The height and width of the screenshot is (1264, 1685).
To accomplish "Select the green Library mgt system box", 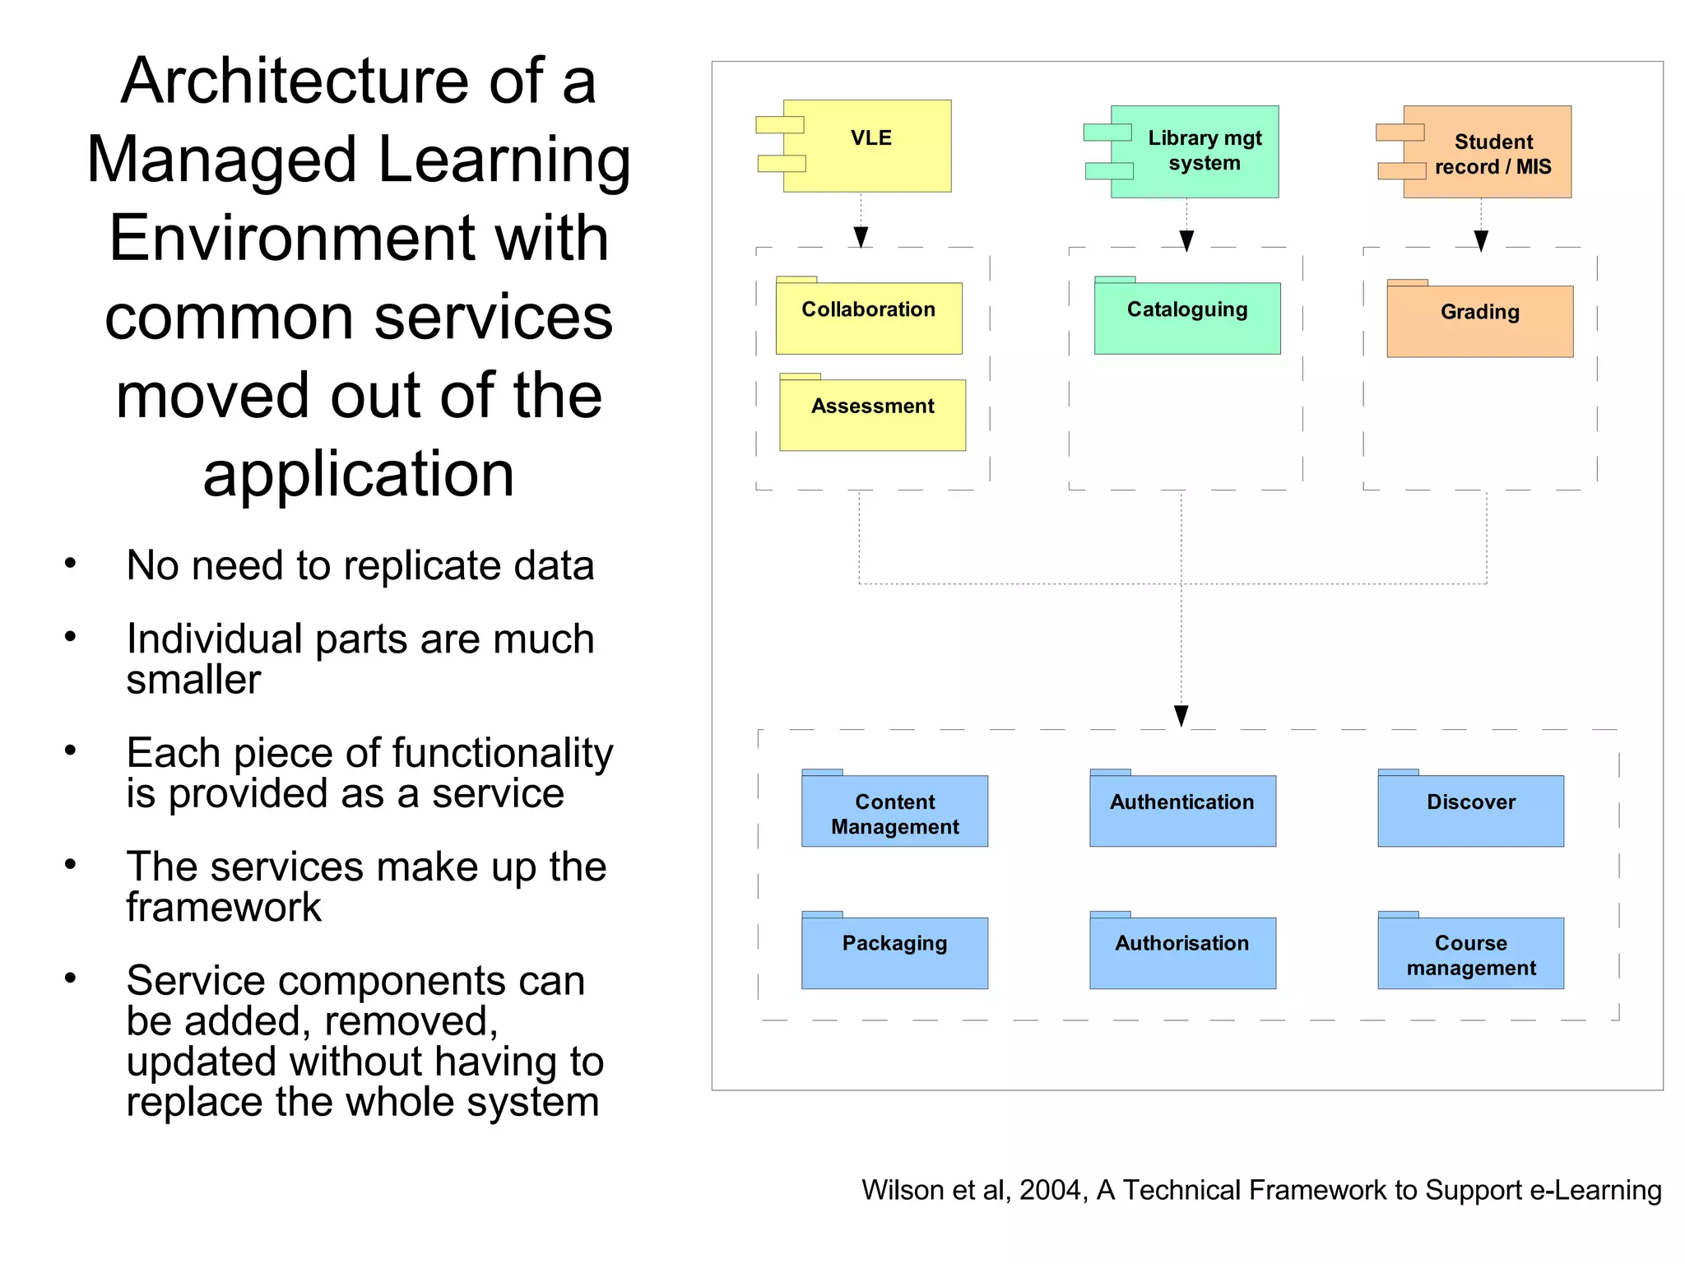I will pyautogui.click(x=1194, y=151).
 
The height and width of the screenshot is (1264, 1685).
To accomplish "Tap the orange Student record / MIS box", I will pyautogui.click(x=1487, y=153).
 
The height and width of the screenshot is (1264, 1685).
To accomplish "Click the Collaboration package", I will pyautogui.click(x=869, y=318).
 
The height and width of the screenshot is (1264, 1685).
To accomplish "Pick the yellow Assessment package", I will pyautogui.click(x=872, y=414).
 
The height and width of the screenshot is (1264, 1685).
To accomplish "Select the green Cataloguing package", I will pyautogui.click(x=1187, y=318).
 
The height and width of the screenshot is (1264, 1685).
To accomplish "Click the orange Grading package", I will pyautogui.click(x=1479, y=320).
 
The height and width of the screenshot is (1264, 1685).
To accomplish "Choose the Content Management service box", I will pyautogui.click(x=894, y=811).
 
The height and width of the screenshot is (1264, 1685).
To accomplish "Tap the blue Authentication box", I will pyautogui.click(x=1182, y=811).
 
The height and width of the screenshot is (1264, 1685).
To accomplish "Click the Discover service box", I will pyautogui.click(x=1470, y=811).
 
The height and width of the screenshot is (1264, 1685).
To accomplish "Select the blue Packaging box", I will pyautogui.click(x=894, y=952).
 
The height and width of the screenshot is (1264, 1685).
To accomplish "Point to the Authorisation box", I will pyautogui.click(x=1182, y=952).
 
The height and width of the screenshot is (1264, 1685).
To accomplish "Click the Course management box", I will pyautogui.click(x=1470, y=953).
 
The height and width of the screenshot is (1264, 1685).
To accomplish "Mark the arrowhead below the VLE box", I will pyautogui.click(x=861, y=238).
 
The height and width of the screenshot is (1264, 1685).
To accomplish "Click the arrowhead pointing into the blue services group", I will pyautogui.click(x=1181, y=716).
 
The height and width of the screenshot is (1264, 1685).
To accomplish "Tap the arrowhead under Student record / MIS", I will pyautogui.click(x=1481, y=241).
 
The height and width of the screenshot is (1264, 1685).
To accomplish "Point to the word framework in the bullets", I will pyautogui.click(x=223, y=908).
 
